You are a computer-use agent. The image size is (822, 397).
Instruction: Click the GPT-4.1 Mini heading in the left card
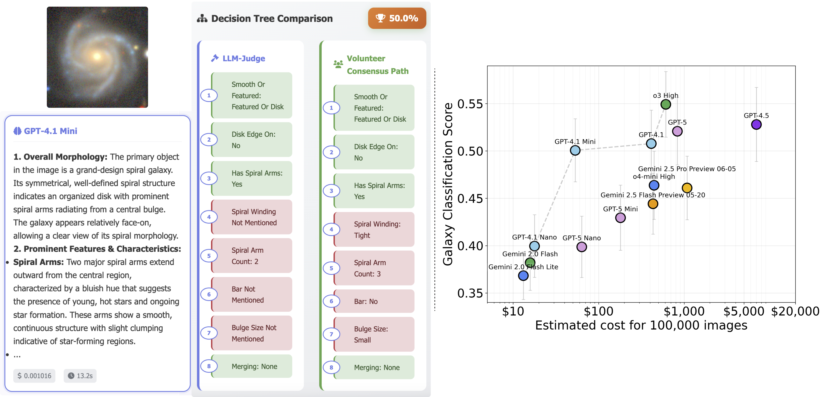coord(50,131)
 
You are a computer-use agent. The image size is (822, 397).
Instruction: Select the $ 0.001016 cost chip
coord(34,376)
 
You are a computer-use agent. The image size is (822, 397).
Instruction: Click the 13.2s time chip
coord(80,376)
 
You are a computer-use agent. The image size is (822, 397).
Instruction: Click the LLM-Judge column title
coord(243,58)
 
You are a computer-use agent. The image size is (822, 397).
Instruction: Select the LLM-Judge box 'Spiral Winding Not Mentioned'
coord(252,217)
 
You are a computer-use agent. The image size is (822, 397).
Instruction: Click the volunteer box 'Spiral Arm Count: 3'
coord(374,268)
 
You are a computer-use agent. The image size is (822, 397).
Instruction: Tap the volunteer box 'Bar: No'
coord(374,301)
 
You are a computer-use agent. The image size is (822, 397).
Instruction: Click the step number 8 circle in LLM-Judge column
coord(209,366)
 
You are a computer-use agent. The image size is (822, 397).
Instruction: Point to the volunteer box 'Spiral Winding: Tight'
coord(374,229)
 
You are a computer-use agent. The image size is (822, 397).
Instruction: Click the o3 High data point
coord(665,104)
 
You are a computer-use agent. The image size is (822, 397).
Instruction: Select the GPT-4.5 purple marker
coord(756,124)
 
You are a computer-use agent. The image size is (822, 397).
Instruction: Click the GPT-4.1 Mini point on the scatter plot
coord(575,150)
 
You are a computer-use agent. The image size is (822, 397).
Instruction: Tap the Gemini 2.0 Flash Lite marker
coord(523,275)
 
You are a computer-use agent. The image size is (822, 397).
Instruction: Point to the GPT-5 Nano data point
coord(581,247)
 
